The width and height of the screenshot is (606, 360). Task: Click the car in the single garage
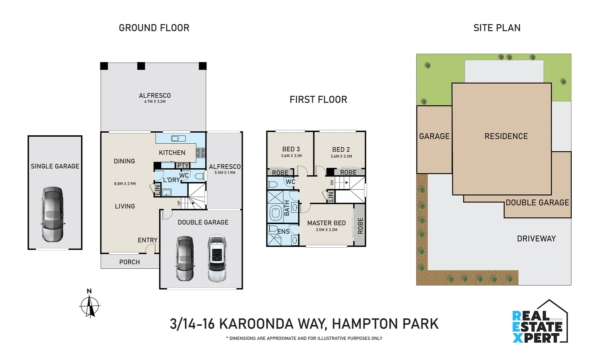coord(52,214)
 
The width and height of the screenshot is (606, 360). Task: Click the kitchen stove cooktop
coord(200,153)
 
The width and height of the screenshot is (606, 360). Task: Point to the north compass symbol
coord(90,304)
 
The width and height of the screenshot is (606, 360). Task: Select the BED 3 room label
coord(291,149)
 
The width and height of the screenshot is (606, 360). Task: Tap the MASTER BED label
coord(326,223)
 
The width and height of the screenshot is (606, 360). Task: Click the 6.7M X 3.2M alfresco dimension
coord(155,102)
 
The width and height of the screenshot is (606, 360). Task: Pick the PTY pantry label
coord(183,165)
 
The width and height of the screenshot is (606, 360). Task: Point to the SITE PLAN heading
coord(497,28)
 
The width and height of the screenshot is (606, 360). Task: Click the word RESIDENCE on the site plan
coord(506,136)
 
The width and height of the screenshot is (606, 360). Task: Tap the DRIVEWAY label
coord(536,239)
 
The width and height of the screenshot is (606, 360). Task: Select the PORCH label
coord(129,262)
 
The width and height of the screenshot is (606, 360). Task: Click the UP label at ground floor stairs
coord(179,203)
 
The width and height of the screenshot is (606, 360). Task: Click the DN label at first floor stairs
coord(332,182)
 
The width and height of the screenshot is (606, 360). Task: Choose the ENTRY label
coord(147,240)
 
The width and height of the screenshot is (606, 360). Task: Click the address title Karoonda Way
coord(304,324)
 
